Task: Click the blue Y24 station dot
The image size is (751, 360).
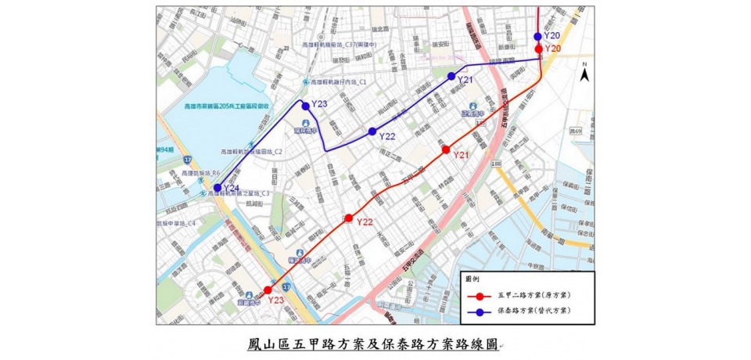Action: coord(217,188)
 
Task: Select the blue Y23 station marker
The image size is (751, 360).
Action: coord(306,105)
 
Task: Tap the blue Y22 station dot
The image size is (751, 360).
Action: coord(372,131)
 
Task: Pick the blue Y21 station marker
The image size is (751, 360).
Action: coord(451,76)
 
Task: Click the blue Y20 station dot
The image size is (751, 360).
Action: coord(538,36)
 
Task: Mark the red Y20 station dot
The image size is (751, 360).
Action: coord(538,49)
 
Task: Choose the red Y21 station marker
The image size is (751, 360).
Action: coord(446,149)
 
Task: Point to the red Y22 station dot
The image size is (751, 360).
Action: coord(349,218)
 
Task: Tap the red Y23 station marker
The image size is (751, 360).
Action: coord(268,290)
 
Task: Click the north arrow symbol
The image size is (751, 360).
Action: coord(584,77)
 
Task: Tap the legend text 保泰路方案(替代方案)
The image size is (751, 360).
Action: coord(533,311)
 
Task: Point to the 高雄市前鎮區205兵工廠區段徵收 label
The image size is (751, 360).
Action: coord(227,106)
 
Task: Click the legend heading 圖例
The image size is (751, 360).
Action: coord(473,279)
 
